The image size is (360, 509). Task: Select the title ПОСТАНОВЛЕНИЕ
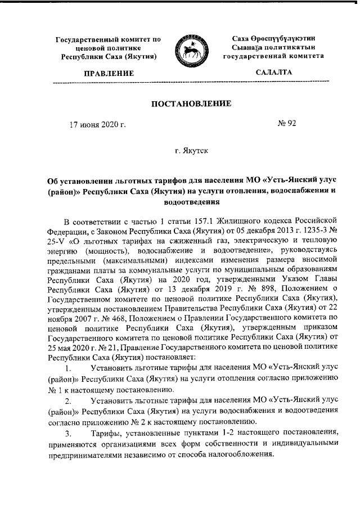pyautogui.click(x=190, y=104)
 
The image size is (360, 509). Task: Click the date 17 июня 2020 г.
pyautogui.click(x=97, y=124)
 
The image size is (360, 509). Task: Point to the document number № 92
pyautogui.click(x=287, y=124)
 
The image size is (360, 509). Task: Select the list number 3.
pyautogui.click(x=68, y=434)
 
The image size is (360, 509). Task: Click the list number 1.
pyautogui.click(x=68, y=371)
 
